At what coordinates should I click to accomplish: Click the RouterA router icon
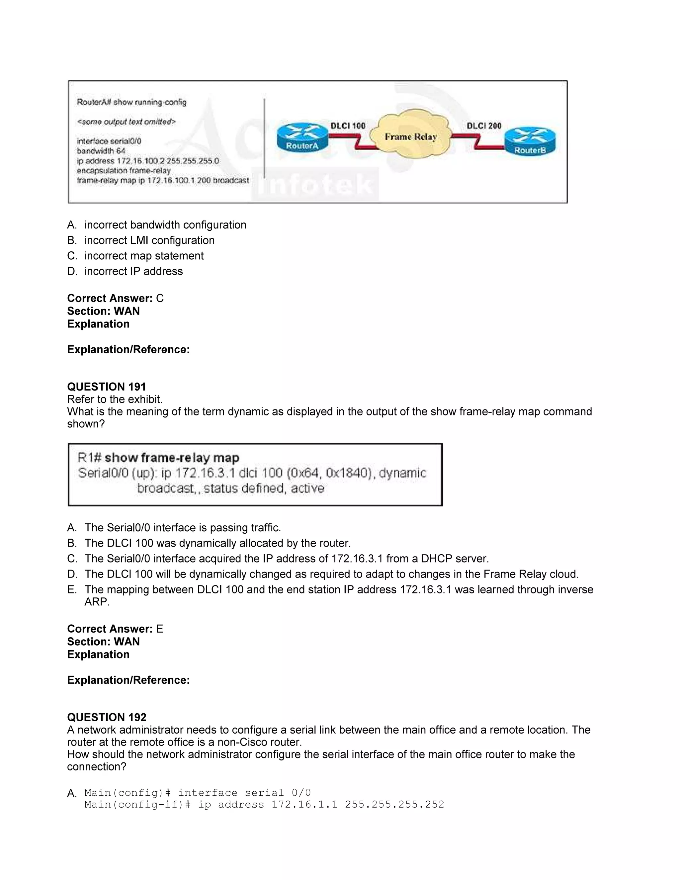tap(302, 138)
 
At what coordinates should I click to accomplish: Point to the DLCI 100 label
tap(348, 126)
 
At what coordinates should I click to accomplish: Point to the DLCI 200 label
tap(484, 126)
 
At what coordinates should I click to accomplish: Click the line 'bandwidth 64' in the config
tap(101, 151)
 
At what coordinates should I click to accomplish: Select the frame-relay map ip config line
tap(163, 181)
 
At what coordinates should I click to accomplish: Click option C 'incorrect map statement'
tap(144, 256)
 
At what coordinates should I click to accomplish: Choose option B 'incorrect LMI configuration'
tap(149, 240)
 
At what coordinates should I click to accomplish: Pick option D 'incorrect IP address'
tap(133, 272)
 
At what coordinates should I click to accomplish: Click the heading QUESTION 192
tap(107, 717)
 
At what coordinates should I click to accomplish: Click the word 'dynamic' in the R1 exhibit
tap(402, 473)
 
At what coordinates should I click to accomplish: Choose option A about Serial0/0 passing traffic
tap(183, 528)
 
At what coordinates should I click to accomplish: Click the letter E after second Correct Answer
tap(159, 629)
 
